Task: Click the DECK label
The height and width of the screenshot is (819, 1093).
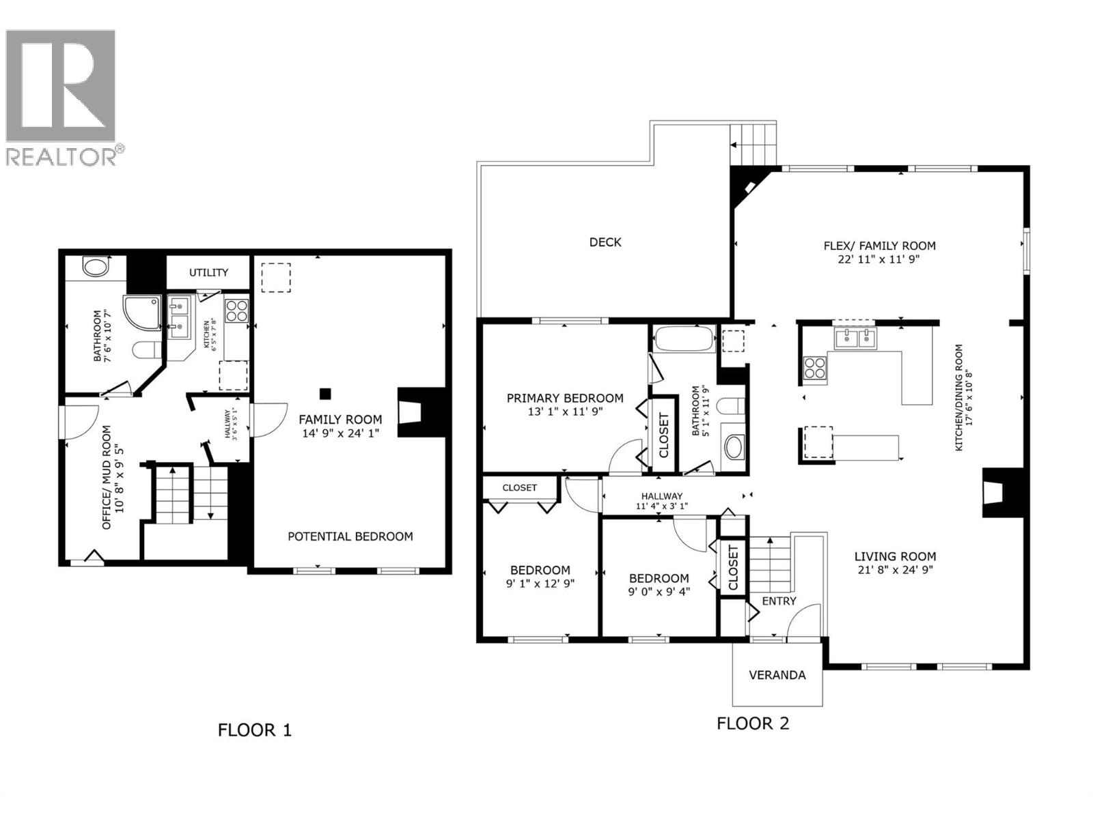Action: click(x=605, y=242)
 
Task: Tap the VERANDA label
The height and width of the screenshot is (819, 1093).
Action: click(x=777, y=675)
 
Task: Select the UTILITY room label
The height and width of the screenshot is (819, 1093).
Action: click(x=208, y=272)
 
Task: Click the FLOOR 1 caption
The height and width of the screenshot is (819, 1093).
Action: click(x=254, y=730)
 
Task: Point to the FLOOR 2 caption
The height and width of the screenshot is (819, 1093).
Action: click(x=753, y=723)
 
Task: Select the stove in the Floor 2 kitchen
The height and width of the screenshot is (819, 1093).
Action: click(x=814, y=368)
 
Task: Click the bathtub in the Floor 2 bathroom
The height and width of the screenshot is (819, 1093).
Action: click(x=684, y=339)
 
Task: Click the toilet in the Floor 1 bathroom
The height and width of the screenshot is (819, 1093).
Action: click(x=146, y=351)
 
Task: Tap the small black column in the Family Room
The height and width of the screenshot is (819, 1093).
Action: click(x=326, y=393)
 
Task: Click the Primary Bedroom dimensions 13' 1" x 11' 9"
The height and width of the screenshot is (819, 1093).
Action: click(x=564, y=412)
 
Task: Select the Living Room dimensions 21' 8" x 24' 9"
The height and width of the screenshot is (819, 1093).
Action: click(x=894, y=570)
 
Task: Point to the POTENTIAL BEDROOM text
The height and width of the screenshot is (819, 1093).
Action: click(x=350, y=536)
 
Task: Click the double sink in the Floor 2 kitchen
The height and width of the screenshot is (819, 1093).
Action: click(x=855, y=337)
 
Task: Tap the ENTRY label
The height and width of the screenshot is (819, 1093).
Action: click(x=779, y=601)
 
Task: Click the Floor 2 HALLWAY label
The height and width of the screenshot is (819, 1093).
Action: click(x=661, y=496)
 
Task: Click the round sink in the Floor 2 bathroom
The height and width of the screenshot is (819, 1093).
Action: click(x=734, y=448)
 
